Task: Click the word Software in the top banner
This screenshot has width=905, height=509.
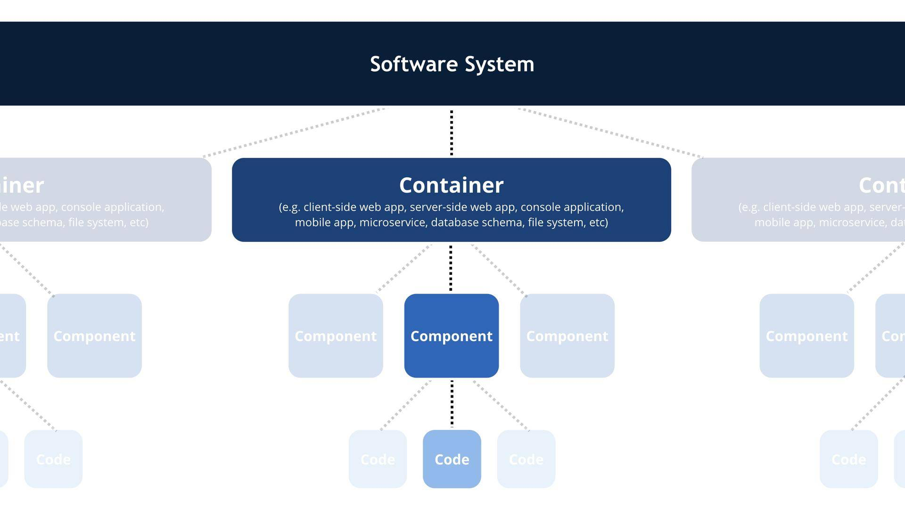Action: click(x=414, y=64)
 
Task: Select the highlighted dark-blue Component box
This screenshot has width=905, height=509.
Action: click(x=451, y=336)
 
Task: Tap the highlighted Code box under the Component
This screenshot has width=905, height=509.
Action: click(x=452, y=459)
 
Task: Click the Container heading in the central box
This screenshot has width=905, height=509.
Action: click(x=451, y=185)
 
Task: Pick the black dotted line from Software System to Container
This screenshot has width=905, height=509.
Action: click(x=452, y=133)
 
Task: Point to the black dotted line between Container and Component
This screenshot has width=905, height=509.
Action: click(x=451, y=268)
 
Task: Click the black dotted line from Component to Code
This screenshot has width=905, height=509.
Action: click(x=452, y=403)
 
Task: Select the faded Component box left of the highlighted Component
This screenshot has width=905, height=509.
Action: click(x=336, y=336)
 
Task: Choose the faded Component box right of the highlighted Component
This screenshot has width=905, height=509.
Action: click(x=567, y=336)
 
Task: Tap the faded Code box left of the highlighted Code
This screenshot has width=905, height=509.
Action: click(x=378, y=459)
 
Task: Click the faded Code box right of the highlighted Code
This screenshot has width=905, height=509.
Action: click(x=526, y=459)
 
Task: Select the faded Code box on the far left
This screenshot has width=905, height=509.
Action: click(x=53, y=459)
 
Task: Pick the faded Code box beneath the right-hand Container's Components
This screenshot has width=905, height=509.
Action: click(x=848, y=459)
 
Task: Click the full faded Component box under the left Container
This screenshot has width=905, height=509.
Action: click(x=94, y=336)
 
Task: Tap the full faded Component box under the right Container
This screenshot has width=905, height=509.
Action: click(x=806, y=336)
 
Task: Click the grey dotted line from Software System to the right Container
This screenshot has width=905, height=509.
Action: click(x=610, y=132)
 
